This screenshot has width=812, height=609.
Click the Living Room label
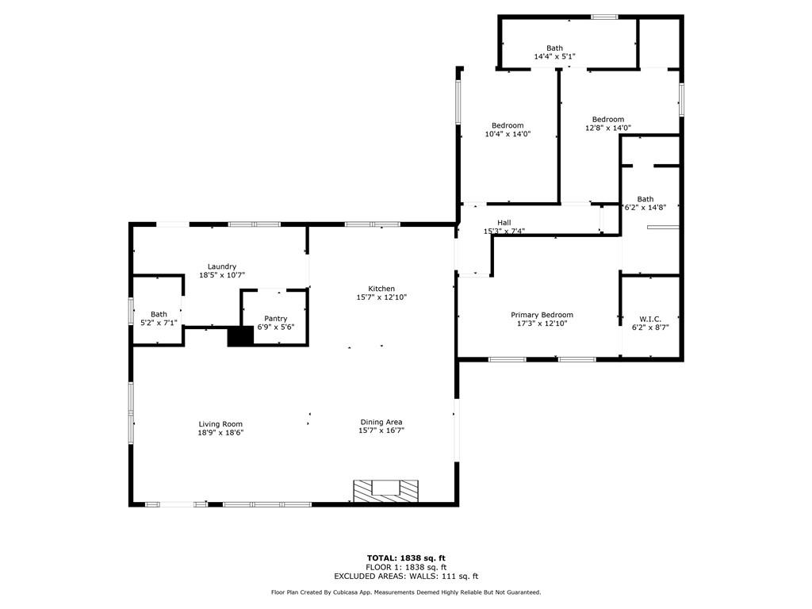click(x=220, y=424)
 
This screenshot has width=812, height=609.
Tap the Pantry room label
click(x=275, y=319)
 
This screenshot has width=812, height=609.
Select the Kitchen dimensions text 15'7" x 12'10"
click(x=381, y=297)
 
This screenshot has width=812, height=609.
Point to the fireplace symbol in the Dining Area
click(x=386, y=491)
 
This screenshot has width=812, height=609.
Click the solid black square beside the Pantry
click(x=240, y=336)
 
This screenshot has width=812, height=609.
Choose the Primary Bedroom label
click(x=542, y=315)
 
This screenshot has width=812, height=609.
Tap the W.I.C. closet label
click(x=650, y=319)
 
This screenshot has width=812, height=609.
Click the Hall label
click(x=504, y=223)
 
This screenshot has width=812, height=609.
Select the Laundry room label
click(x=222, y=266)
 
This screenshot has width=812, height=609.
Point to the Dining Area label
click(x=381, y=422)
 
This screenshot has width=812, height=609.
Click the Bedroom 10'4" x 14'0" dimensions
click(x=507, y=134)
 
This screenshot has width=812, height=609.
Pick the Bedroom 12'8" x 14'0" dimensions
click(x=608, y=128)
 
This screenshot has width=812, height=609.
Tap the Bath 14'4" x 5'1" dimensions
click(x=554, y=56)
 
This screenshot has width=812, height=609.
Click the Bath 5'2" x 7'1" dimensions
click(x=159, y=323)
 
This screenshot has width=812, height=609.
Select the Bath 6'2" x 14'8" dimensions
click(x=645, y=207)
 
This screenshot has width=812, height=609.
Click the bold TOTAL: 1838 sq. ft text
click(x=406, y=557)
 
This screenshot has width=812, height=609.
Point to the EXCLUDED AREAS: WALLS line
click(x=406, y=576)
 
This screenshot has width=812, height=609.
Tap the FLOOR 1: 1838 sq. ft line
click(x=406, y=567)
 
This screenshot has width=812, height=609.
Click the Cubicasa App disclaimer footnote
click(x=406, y=592)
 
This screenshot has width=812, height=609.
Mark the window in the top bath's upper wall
click(x=604, y=17)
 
